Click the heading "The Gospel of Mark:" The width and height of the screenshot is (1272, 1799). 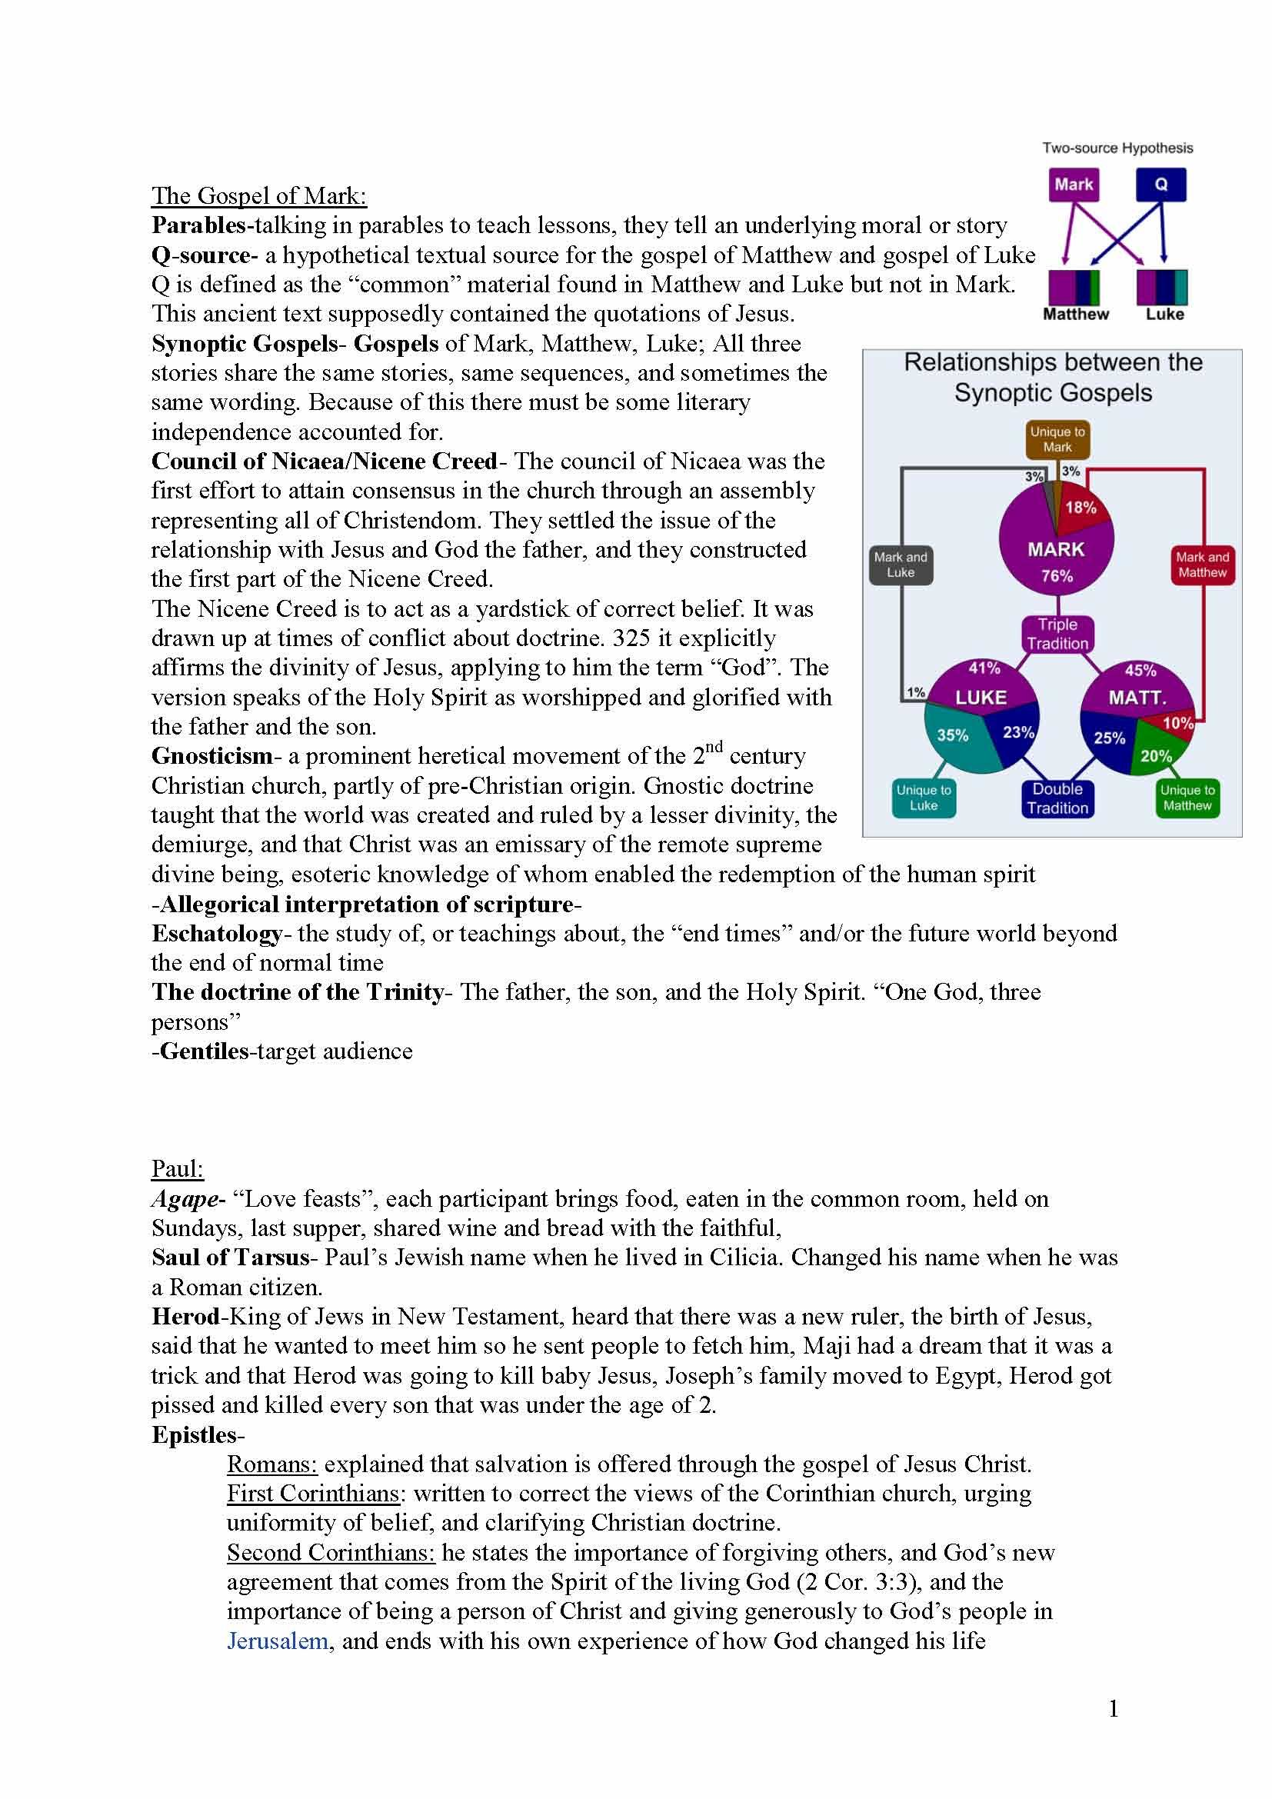coord(258,195)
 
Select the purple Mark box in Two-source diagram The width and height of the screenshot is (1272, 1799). coord(1073,185)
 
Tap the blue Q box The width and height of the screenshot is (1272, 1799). coord(1160,185)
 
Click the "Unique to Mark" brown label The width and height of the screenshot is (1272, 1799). coord(1057,440)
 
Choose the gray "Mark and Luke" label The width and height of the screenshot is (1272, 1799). coord(900,565)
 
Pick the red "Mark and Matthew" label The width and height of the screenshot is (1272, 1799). coord(1202,565)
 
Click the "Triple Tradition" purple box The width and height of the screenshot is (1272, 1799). coord(1057,634)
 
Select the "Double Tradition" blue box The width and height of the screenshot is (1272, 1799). coord(1057,798)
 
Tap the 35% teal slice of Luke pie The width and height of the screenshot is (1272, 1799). coord(953,736)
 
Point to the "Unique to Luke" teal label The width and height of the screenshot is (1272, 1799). coord(924,798)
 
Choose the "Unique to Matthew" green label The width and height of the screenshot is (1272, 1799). coord(1187,798)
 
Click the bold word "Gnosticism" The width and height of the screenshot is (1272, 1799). coord(211,756)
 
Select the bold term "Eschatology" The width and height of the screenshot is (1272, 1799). coord(216,933)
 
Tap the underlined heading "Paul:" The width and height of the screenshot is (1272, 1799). coord(177,1169)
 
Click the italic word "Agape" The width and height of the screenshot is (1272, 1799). coord(185,1199)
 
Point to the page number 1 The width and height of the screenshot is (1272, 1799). coord(1114,1709)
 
